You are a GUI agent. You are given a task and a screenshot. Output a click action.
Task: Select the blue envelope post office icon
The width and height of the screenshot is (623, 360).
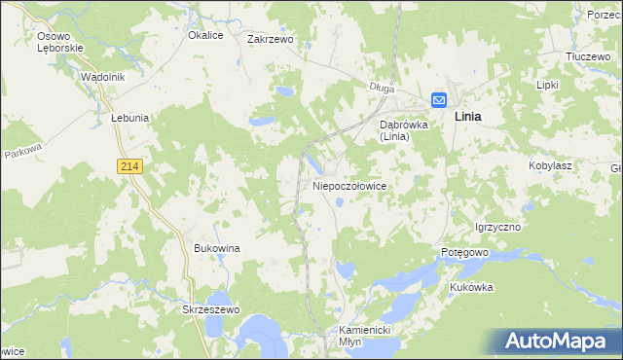[x=438, y=99]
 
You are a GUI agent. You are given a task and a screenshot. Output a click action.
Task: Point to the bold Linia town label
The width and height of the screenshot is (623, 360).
[x=471, y=116]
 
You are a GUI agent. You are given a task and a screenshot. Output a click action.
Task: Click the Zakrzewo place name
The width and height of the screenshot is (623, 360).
[x=271, y=40]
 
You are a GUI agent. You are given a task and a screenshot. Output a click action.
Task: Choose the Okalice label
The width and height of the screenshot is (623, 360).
[x=206, y=35]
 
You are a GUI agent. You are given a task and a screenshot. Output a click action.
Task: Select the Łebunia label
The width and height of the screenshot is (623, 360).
[x=129, y=117]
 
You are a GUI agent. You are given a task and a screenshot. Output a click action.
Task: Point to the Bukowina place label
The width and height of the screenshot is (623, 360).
[x=217, y=248]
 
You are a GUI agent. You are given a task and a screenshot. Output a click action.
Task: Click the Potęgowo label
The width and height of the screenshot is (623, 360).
[x=463, y=252]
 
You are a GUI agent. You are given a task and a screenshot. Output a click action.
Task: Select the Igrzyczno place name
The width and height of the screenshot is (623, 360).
[x=497, y=227]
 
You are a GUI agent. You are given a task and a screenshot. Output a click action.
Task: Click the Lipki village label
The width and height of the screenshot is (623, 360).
[x=548, y=85]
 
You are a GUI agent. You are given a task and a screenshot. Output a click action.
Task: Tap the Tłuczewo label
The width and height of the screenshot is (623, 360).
[x=587, y=57]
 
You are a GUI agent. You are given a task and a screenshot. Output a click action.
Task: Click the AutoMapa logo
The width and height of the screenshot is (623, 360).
[x=558, y=341]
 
